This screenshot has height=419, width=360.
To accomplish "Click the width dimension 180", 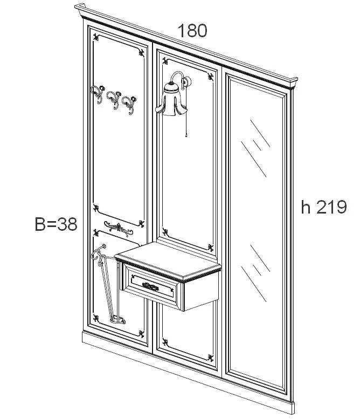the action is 192,30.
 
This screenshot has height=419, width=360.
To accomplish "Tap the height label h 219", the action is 324,207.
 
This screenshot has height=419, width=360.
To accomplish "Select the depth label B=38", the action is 56,224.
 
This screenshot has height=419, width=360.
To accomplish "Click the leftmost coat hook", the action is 98,93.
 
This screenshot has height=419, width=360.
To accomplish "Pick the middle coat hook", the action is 114,99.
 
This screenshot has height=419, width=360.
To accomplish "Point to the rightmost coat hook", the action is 129,105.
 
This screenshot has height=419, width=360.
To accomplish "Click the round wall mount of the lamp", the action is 188,81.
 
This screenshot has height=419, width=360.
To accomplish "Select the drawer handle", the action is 150,286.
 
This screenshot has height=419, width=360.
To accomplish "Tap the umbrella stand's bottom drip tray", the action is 117,320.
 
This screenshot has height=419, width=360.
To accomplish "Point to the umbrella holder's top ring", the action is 99,251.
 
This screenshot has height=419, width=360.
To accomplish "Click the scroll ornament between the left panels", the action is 119,229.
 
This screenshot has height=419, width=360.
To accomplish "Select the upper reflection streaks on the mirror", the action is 255,148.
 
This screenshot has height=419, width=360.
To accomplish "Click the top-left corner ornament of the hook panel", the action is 96,37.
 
